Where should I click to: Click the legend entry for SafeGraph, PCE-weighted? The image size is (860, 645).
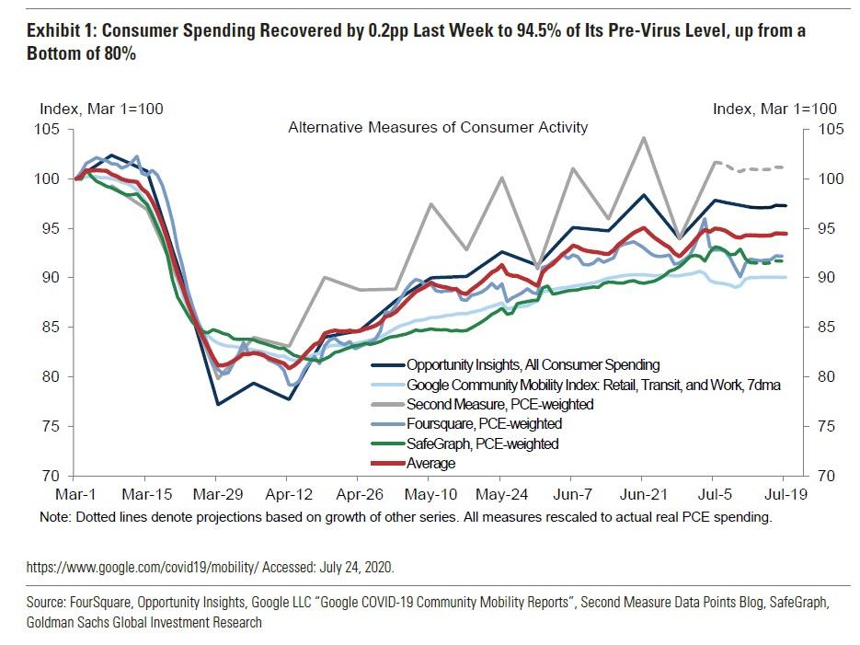pyautogui.click(x=482, y=444)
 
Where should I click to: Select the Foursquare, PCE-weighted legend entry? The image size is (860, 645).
pyautogui.click(x=484, y=424)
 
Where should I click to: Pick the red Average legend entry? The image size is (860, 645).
pyautogui.click(x=430, y=464)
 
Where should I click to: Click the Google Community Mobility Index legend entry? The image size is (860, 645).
pyautogui.click(x=593, y=386)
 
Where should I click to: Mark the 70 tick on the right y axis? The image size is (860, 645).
pyautogui.click(x=827, y=476)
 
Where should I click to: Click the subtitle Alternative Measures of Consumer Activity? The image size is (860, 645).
pyautogui.click(x=438, y=127)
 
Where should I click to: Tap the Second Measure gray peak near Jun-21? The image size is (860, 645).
pyautogui.click(x=643, y=138)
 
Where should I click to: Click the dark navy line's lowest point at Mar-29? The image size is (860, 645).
pyautogui.click(x=218, y=404)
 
